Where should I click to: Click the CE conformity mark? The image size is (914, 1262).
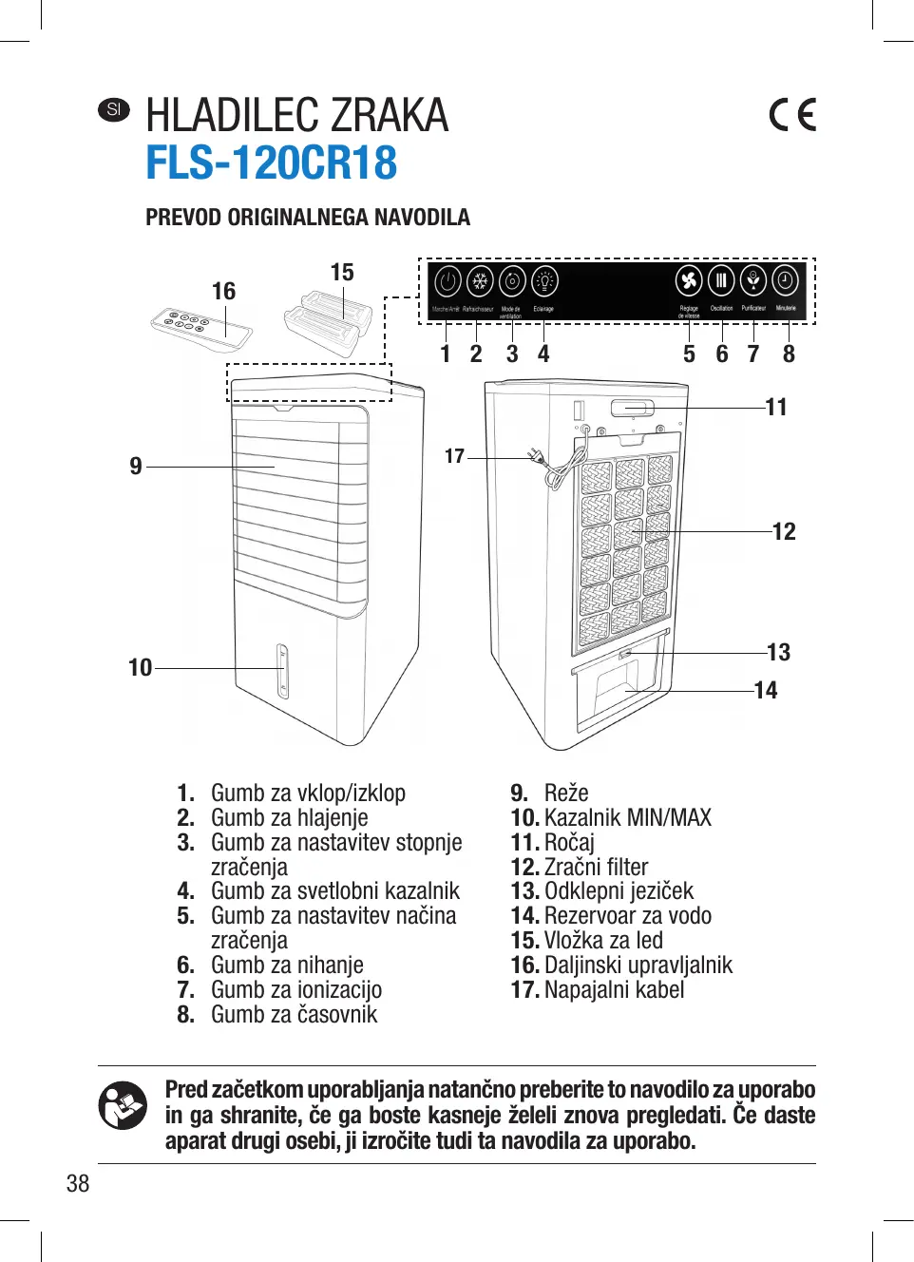click(x=792, y=115)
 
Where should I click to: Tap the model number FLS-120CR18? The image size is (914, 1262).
click(x=271, y=163)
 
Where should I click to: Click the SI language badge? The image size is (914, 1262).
click(x=114, y=109)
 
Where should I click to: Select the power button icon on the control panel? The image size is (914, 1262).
click(x=447, y=282)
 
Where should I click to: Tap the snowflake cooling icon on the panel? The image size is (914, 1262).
click(x=480, y=281)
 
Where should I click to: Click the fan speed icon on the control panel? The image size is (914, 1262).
click(x=689, y=281)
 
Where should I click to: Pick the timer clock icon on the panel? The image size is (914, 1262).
click(x=786, y=281)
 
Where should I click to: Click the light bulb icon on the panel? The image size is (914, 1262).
click(x=544, y=281)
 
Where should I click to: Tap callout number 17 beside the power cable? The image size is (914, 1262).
click(x=455, y=457)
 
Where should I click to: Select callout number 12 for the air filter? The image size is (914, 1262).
click(x=784, y=532)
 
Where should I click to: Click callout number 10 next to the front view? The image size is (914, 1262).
click(x=140, y=668)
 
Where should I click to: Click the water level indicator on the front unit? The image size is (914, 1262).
click(x=282, y=671)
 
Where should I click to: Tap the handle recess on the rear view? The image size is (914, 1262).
click(x=633, y=409)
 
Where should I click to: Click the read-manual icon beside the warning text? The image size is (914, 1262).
click(x=123, y=1106)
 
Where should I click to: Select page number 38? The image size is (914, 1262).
click(x=78, y=1183)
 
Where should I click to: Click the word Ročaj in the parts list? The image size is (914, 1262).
click(x=569, y=843)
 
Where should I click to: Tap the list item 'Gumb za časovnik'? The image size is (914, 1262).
click(x=294, y=1015)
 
